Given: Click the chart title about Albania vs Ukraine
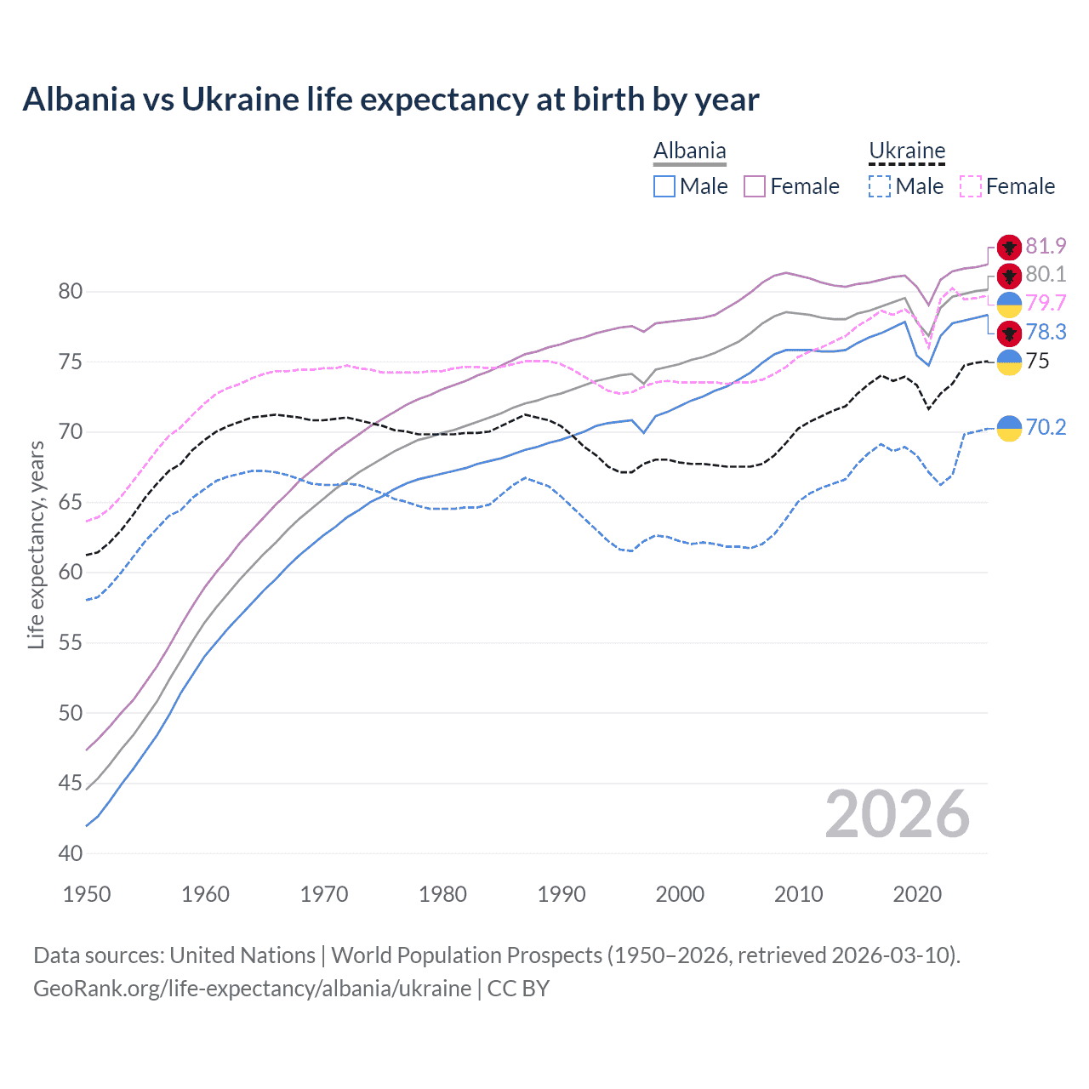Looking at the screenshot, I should (x=391, y=100).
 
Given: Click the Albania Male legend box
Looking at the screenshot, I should (x=664, y=186).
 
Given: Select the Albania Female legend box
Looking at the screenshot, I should (x=755, y=186).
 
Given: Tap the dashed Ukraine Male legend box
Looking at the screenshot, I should (x=880, y=186).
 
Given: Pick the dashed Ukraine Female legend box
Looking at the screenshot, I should (x=970, y=186).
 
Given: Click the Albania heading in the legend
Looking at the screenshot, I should (x=689, y=151).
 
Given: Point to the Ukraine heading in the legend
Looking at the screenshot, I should (x=907, y=151).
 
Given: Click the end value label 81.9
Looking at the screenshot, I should (x=1046, y=247).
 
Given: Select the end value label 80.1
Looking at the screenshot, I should (x=1046, y=275).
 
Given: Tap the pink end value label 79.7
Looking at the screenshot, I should (x=1046, y=304).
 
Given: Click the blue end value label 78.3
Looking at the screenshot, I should (x=1046, y=332).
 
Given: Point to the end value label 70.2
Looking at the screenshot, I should (x=1046, y=427).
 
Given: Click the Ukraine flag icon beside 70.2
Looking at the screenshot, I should (x=1009, y=428).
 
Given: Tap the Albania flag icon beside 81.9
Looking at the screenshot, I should (x=1009, y=248).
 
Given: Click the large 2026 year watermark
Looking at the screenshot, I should (x=897, y=814).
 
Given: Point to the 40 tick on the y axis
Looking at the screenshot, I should (x=71, y=853).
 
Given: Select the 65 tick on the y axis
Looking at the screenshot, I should (x=71, y=502).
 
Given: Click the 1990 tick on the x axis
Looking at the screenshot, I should (x=562, y=894).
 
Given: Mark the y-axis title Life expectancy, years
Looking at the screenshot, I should (x=36, y=544).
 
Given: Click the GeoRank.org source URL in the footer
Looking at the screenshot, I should (x=252, y=989).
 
